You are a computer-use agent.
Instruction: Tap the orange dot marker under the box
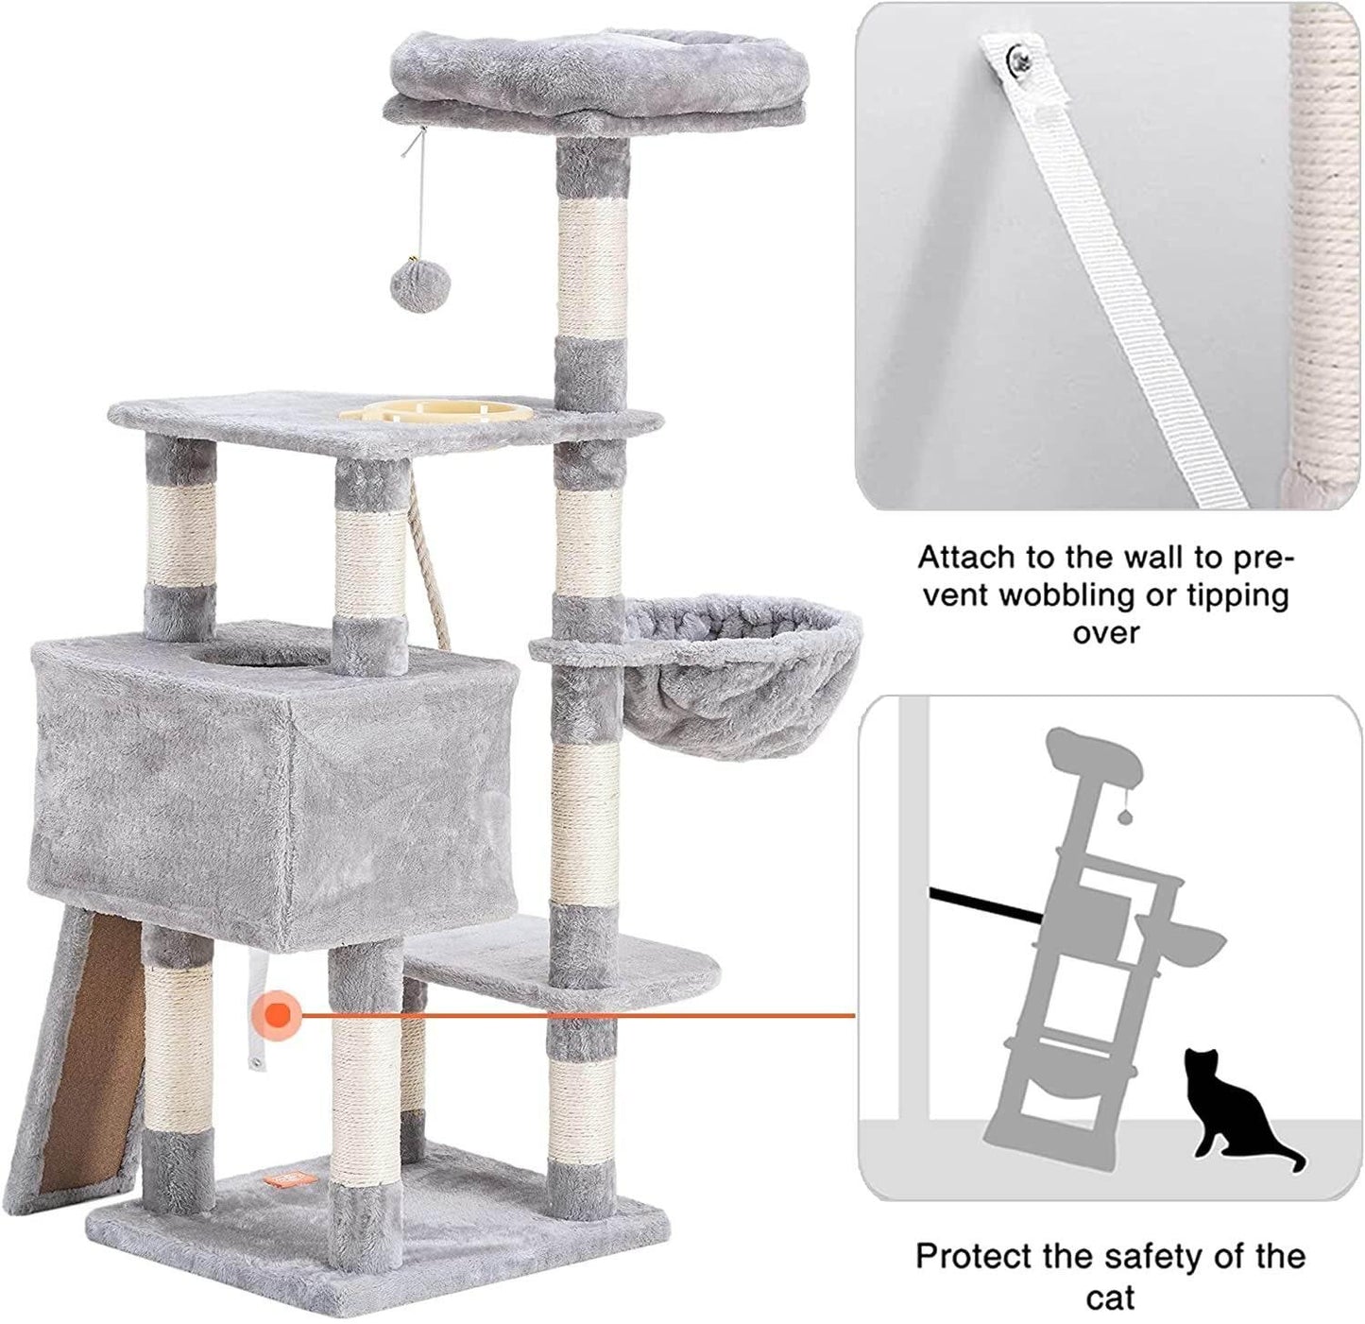coord(278,1015)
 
